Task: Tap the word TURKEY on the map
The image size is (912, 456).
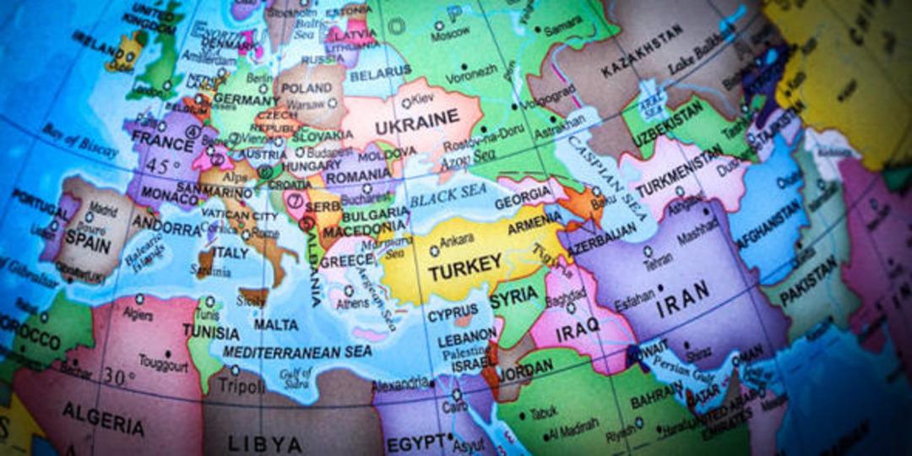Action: coord(464,269)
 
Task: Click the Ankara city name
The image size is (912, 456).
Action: coord(456,239)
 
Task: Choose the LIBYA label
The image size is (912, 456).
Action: coord(264,443)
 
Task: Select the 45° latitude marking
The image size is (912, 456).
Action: coord(162,166)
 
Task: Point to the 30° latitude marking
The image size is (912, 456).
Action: coord(120,375)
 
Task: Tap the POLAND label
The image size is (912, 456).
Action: coord(306,88)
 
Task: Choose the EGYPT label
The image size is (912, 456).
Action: coord(415,442)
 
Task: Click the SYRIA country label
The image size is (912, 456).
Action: coord(513,296)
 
